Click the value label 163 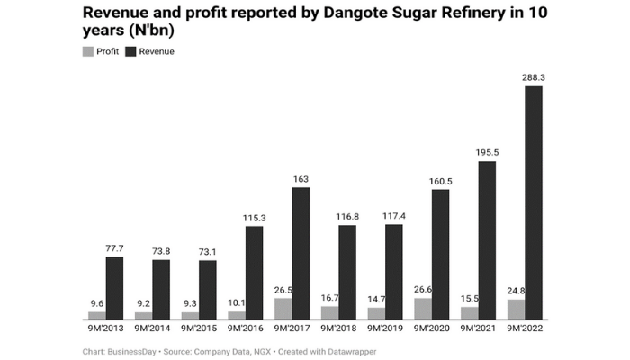click(301, 180)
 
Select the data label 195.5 click(487, 154)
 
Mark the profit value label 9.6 click(97, 304)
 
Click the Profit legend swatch click(87, 51)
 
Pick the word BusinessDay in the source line click(131, 350)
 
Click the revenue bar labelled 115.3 click(255, 273)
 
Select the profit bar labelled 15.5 click(470, 312)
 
